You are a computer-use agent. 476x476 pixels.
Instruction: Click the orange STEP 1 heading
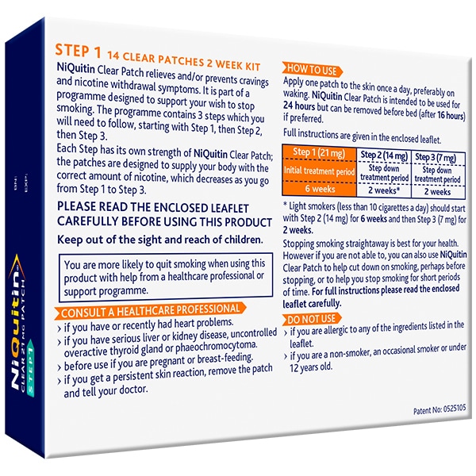[x=78, y=51]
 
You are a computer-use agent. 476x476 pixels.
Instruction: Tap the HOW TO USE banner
[x=312, y=70]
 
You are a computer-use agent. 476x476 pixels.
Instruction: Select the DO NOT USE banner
[x=312, y=319]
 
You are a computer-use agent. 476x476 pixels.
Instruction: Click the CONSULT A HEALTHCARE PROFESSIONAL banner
[x=150, y=310]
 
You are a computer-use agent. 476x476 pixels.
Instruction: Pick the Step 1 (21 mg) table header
[x=319, y=152]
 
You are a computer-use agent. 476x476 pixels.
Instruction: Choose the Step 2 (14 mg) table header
[x=384, y=155]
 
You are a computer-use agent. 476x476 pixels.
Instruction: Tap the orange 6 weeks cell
[x=320, y=189]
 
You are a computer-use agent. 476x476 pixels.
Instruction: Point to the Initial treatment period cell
[x=320, y=171]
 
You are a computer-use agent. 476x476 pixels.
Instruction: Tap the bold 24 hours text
[x=299, y=106]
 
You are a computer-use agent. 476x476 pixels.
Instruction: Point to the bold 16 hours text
[x=451, y=116]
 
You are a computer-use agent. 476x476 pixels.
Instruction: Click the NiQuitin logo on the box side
[x=17, y=321]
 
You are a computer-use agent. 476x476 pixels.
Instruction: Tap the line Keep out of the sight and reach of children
[x=160, y=240]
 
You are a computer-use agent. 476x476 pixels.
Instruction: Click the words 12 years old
[x=311, y=367]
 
